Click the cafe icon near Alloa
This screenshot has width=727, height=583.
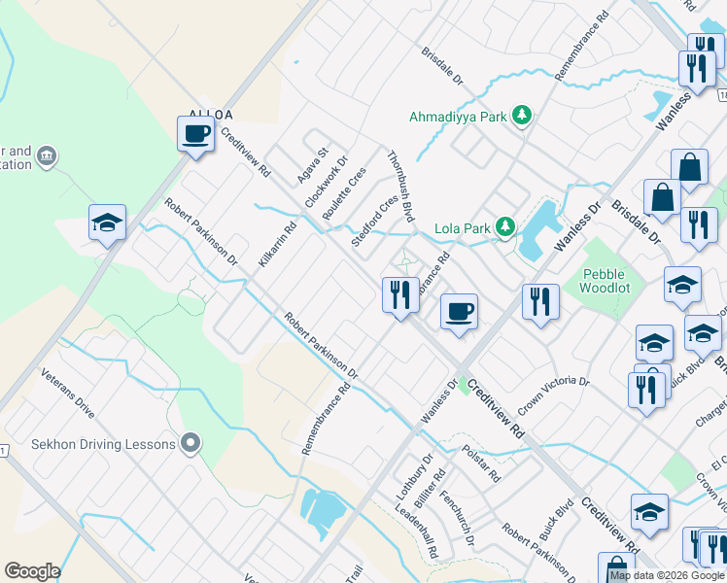(x=195, y=133)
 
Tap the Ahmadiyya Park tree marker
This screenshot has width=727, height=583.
(x=523, y=117)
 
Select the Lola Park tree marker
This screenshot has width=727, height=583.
(x=504, y=228)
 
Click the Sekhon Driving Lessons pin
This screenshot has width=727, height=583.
(x=190, y=444)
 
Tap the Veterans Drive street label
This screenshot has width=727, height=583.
(x=67, y=394)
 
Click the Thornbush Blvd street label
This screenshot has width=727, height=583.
(x=400, y=186)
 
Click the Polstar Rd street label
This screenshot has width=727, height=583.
(x=481, y=463)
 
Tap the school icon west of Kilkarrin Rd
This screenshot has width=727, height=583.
(x=107, y=223)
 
